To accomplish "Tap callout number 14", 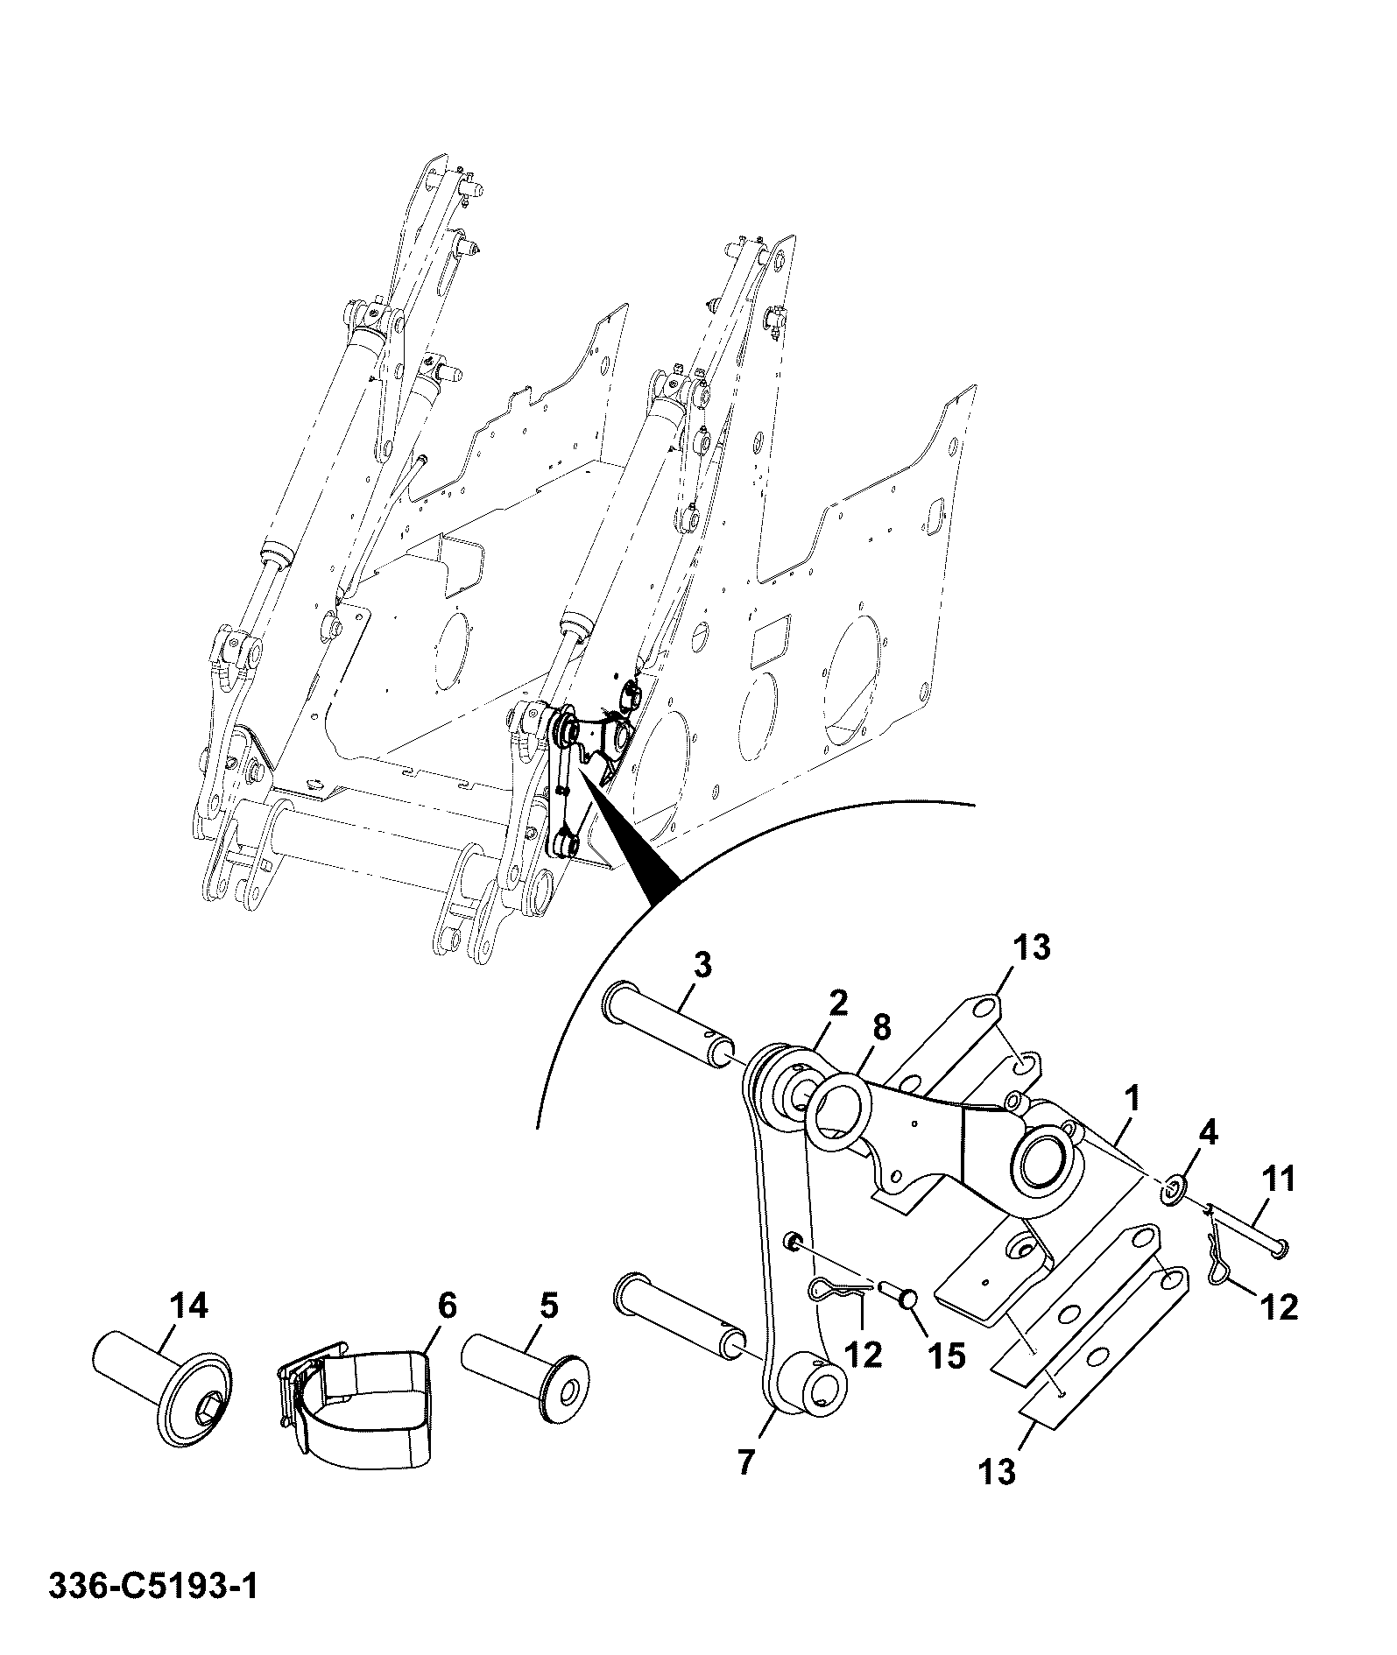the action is tap(190, 1307).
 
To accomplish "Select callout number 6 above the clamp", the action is tap(446, 1306).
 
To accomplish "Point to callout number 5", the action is tap(547, 1306).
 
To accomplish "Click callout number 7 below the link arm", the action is tap(746, 1462).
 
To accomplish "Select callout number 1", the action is tap(1132, 1101).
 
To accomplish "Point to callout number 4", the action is tap(1207, 1133).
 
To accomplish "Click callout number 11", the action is tap(1278, 1180).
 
